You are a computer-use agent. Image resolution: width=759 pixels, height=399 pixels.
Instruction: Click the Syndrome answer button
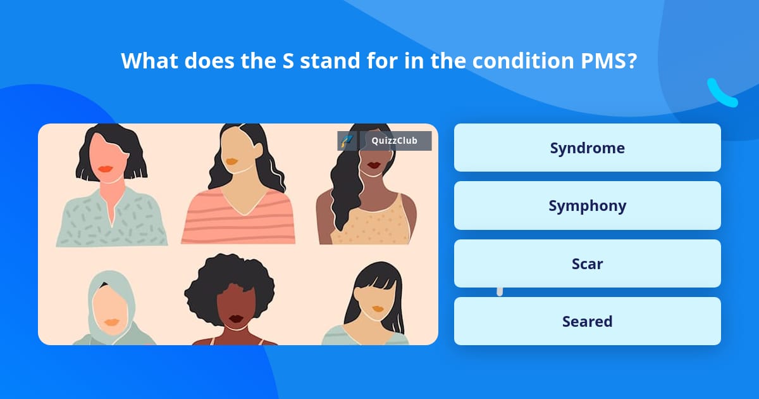pyautogui.click(x=587, y=148)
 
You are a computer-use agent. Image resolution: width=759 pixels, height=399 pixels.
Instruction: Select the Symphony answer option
pyautogui.click(x=587, y=206)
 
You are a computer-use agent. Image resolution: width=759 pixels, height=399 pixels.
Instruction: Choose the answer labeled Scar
pyautogui.click(x=587, y=263)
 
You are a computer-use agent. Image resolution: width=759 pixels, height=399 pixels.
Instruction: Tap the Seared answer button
pyautogui.click(x=587, y=321)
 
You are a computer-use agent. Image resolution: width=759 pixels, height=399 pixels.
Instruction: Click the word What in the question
pyautogui.click(x=149, y=61)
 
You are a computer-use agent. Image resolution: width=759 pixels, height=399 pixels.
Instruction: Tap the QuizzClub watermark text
pyautogui.click(x=394, y=141)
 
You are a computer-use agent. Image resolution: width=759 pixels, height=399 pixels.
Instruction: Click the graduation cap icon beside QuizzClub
pyautogui.click(x=347, y=141)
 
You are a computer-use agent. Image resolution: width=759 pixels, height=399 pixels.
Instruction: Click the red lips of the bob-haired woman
pyautogui.click(x=106, y=168)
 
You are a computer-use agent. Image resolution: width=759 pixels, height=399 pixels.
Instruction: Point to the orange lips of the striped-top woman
pyautogui.click(x=231, y=161)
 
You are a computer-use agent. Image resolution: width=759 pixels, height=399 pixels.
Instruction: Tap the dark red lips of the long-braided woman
pyautogui.click(x=374, y=165)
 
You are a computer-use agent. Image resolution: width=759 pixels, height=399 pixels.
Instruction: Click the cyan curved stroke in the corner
pyautogui.click(x=720, y=94)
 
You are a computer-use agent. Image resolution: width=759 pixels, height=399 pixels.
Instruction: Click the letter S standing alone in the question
pyautogui.click(x=288, y=61)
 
